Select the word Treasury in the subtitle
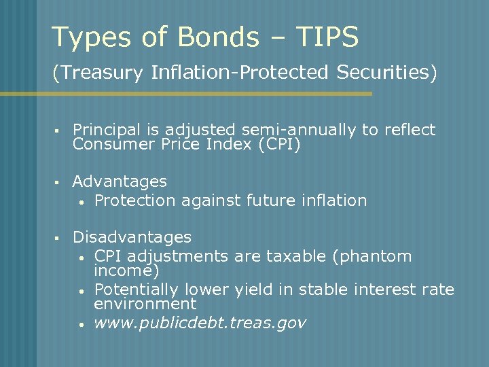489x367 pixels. (100, 72)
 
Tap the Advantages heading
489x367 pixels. (120, 181)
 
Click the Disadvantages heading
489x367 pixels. (132, 237)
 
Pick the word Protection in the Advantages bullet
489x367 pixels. (132, 200)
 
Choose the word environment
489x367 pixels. (145, 304)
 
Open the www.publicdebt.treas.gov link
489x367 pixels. (200, 323)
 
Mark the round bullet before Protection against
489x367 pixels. (81, 202)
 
